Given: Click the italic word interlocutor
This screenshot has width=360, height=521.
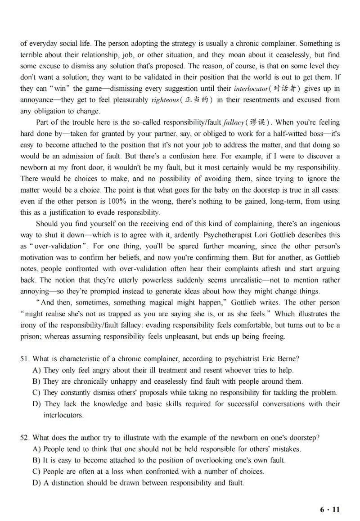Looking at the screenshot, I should [252, 89].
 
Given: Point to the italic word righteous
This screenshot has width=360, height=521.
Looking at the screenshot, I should [152, 100].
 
